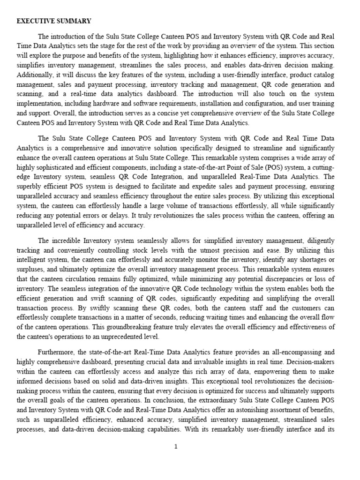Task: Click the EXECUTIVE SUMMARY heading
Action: (54, 21)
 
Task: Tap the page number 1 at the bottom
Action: (176, 447)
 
